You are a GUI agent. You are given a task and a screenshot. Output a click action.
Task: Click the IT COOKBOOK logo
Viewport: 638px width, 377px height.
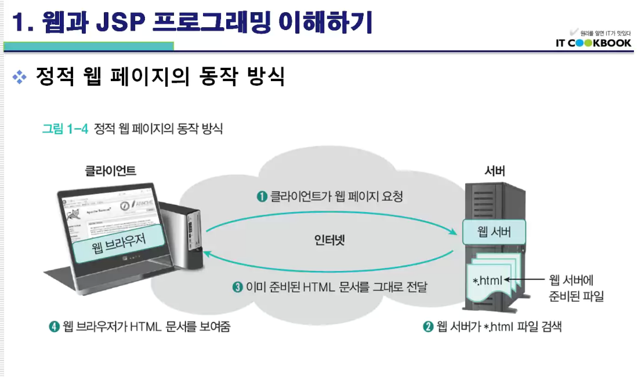(592, 43)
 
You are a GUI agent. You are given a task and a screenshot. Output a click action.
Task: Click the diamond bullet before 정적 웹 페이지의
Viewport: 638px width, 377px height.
(20, 77)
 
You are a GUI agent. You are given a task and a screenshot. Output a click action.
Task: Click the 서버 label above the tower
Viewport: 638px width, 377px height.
(495, 171)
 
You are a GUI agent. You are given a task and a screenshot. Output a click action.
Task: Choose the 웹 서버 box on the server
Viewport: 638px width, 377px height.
(494, 233)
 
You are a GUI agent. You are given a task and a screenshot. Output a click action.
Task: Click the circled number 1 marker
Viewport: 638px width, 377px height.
(262, 197)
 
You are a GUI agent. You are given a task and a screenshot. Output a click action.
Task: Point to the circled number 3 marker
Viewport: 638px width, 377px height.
(237, 287)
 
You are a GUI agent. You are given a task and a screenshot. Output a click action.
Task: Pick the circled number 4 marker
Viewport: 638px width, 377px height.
(55, 327)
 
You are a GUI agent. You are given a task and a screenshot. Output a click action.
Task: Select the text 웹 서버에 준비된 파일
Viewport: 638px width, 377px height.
(576, 288)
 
